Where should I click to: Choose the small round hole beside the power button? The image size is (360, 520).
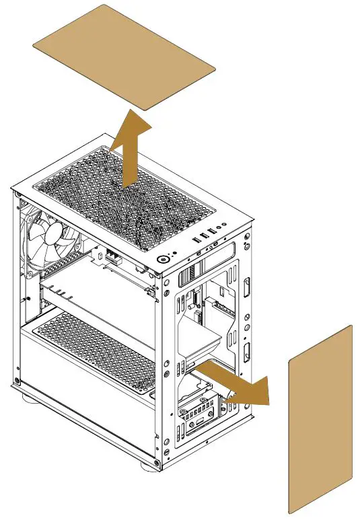(x=176, y=254)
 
